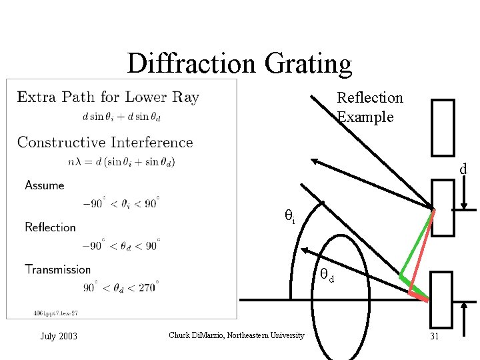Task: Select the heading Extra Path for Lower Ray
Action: tap(108, 97)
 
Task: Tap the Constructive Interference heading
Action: tap(105, 142)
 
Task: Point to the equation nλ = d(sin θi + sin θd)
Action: tap(121, 161)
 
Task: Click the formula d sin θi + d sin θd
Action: tap(121, 116)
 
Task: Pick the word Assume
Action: tap(45, 185)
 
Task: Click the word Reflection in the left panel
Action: tap(50, 227)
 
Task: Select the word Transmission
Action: tap(57, 269)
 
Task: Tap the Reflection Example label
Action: tap(369, 107)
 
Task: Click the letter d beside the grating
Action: tap(463, 169)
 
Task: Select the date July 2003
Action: tap(59, 336)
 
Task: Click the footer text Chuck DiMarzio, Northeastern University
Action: tap(237, 335)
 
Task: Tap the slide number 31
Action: tap(434, 336)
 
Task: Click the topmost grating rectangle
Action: tap(443, 127)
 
